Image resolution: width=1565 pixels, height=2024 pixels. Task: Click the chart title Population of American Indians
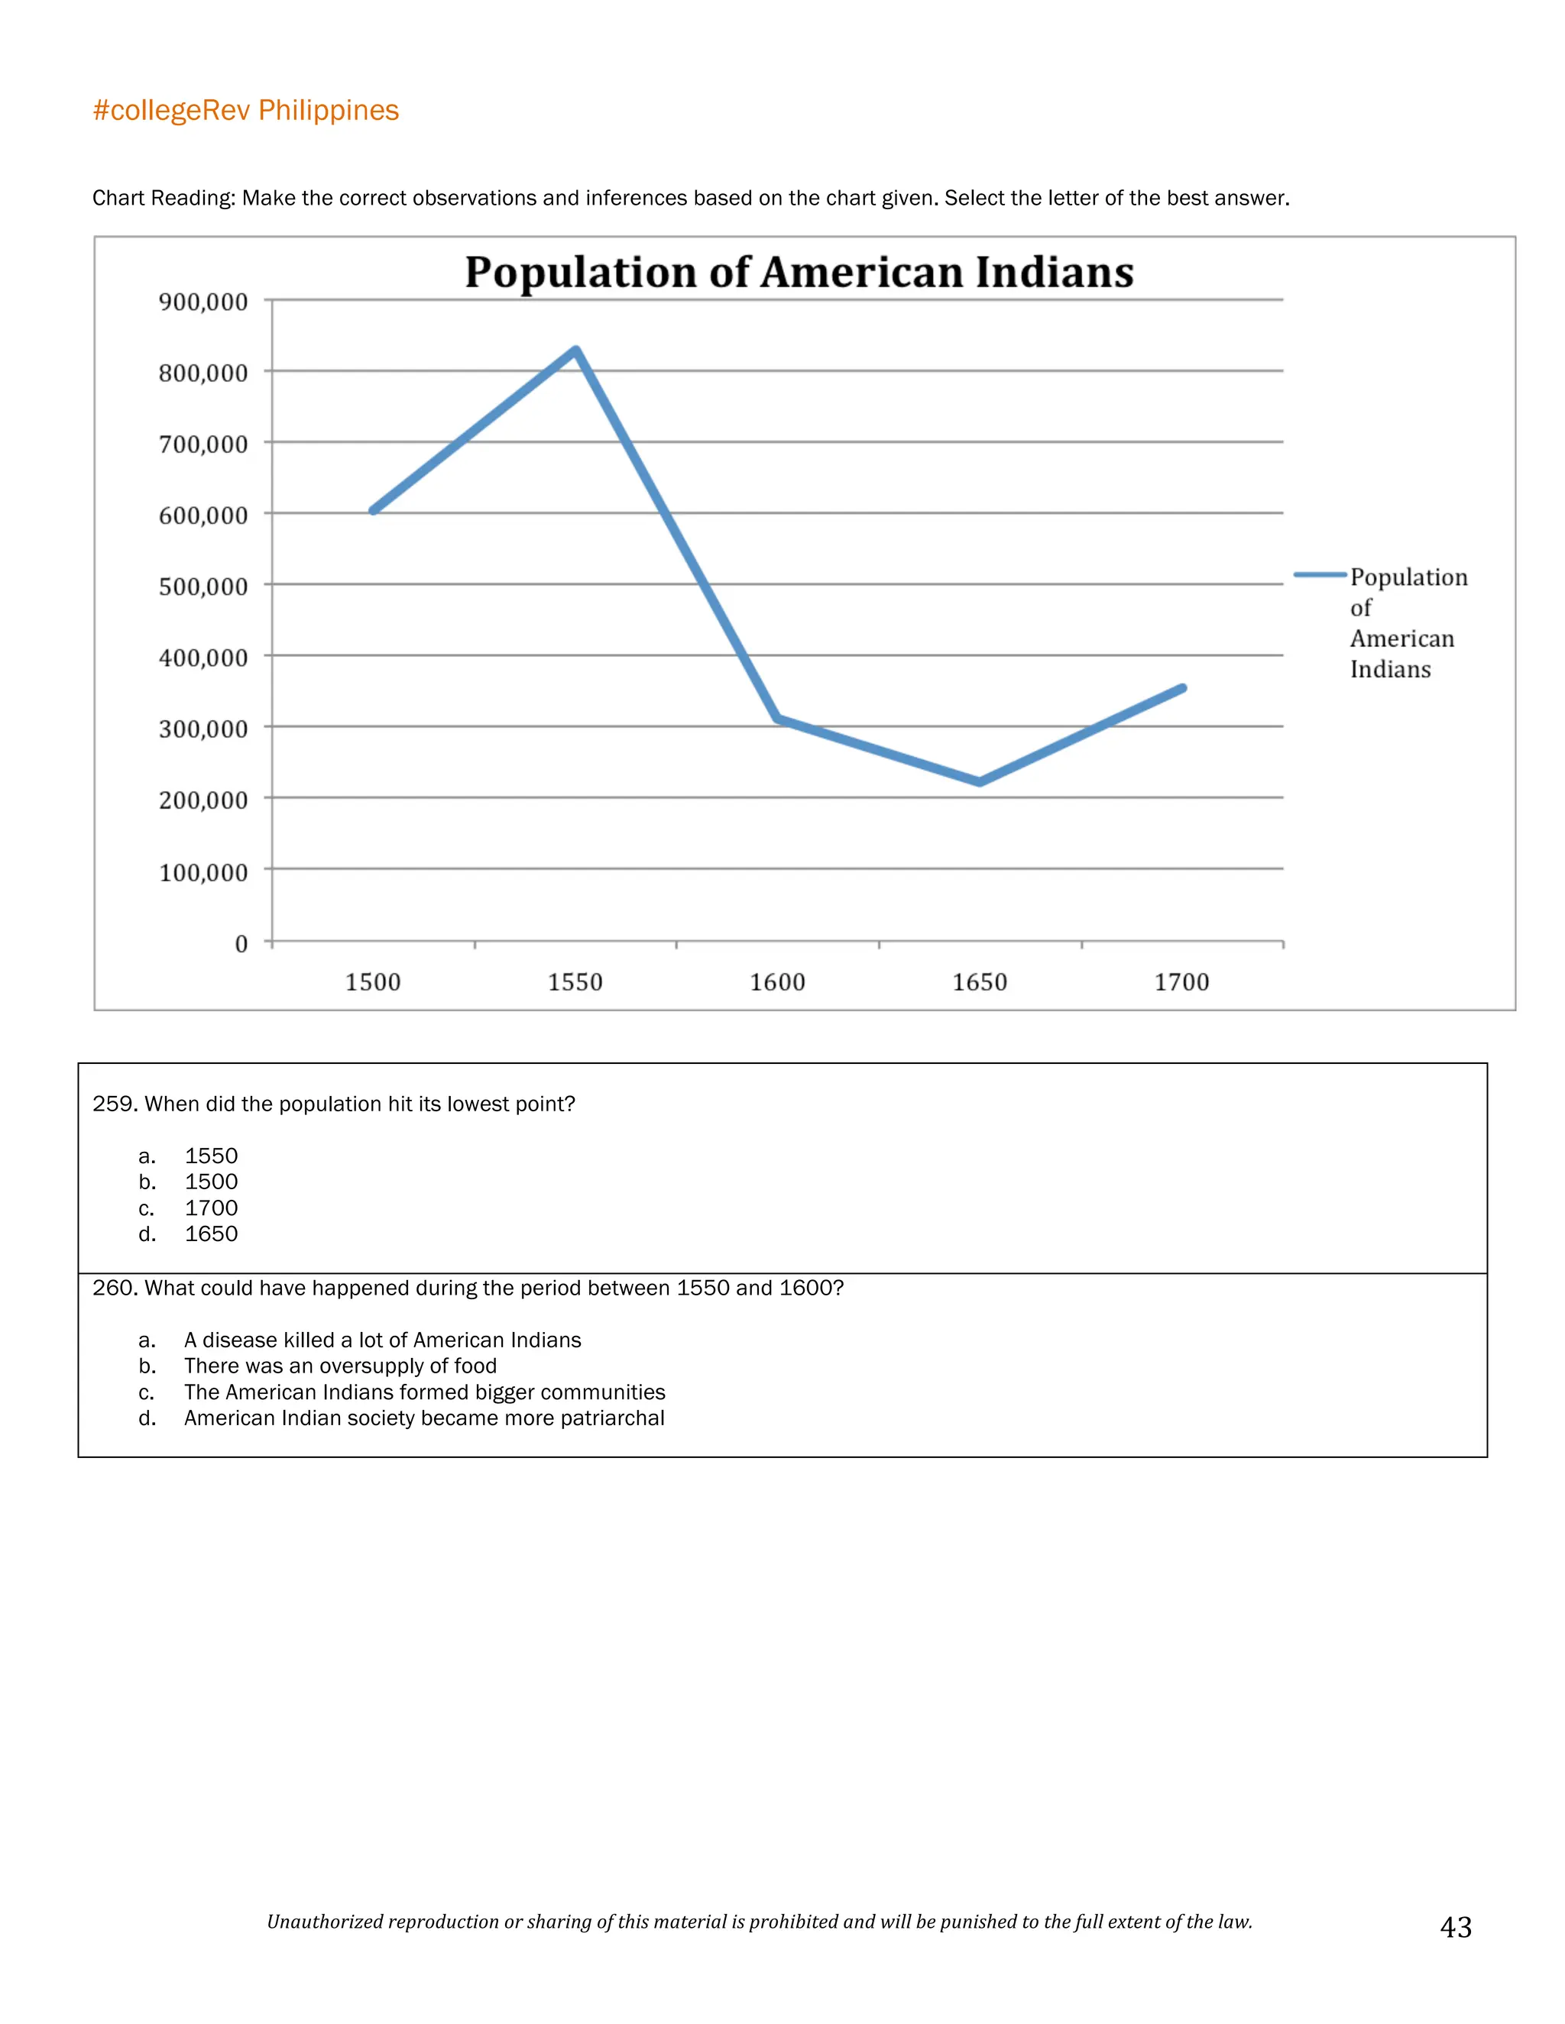point(799,272)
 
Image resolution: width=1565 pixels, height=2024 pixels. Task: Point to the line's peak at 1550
point(575,351)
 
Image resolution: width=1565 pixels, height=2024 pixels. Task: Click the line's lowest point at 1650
point(980,781)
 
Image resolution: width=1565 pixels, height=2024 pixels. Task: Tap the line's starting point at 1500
point(374,509)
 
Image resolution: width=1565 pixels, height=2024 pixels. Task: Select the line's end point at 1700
point(1182,687)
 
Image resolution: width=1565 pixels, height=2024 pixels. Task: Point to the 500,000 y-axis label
point(203,586)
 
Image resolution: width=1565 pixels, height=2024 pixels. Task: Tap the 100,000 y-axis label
point(203,872)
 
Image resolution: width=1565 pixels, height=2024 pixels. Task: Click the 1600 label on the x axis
point(777,981)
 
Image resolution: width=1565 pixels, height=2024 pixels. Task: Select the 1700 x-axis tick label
point(1181,981)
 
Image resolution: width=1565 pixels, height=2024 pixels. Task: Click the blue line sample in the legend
point(1319,576)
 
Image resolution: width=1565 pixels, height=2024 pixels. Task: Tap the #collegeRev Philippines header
point(246,110)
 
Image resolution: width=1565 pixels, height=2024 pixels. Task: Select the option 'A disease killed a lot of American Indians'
point(382,1340)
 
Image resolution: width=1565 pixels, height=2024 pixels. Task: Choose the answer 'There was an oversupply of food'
point(340,1366)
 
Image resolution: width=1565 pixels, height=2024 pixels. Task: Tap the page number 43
point(1456,1927)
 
